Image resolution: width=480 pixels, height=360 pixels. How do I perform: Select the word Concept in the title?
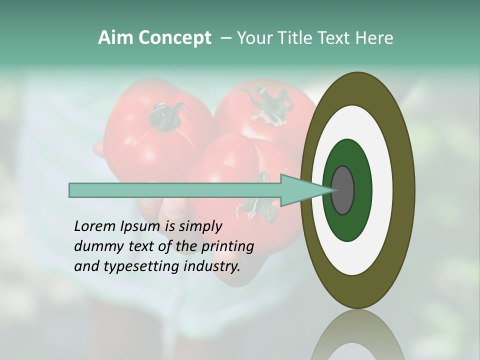(x=174, y=38)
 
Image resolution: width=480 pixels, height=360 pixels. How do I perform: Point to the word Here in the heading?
(x=374, y=38)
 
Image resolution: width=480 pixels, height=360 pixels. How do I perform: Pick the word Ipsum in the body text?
(x=140, y=226)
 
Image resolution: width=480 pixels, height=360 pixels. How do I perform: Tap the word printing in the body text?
(x=227, y=246)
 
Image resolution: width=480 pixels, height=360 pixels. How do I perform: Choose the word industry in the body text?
(x=211, y=266)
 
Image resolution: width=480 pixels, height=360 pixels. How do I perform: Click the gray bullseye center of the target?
(x=343, y=190)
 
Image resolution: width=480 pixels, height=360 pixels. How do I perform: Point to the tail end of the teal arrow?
(x=72, y=190)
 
